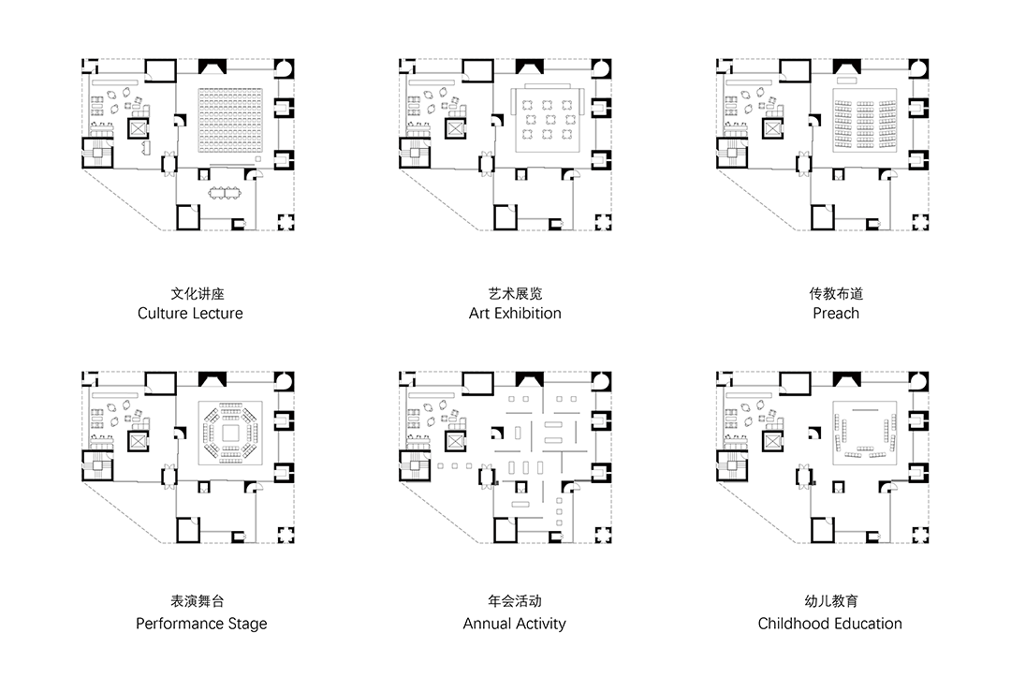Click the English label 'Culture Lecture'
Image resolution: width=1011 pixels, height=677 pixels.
(190, 314)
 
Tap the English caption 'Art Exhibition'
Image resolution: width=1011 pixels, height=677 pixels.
(515, 314)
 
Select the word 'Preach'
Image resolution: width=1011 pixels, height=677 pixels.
(835, 314)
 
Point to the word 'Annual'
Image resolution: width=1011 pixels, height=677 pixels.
(489, 624)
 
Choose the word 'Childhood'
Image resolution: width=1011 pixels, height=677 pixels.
(795, 624)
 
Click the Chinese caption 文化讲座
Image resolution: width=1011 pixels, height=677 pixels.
(190, 293)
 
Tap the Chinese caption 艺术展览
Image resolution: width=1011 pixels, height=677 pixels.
(515, 293)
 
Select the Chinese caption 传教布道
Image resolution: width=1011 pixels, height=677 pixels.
(835, 293)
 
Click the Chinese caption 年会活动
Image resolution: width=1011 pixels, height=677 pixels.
(515, 601)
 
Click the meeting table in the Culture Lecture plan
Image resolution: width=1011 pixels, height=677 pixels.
(225, 194)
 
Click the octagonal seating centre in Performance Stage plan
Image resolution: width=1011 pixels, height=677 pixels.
(228, 434)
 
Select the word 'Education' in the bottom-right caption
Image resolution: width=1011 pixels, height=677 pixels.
(868, 624)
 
